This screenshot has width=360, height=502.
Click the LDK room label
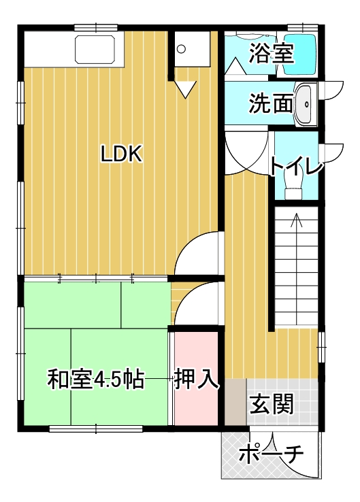121,154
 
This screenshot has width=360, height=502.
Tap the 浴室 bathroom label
272,52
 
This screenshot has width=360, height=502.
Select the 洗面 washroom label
271,103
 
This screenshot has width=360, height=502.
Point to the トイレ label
296,165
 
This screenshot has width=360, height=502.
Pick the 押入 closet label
197,379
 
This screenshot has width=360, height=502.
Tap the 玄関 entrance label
272,404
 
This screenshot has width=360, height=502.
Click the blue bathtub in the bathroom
300,54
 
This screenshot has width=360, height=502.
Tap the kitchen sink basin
95,49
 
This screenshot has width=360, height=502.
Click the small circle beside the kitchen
181,49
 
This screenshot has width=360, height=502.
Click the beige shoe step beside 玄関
235,402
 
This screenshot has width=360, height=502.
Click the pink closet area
196,378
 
